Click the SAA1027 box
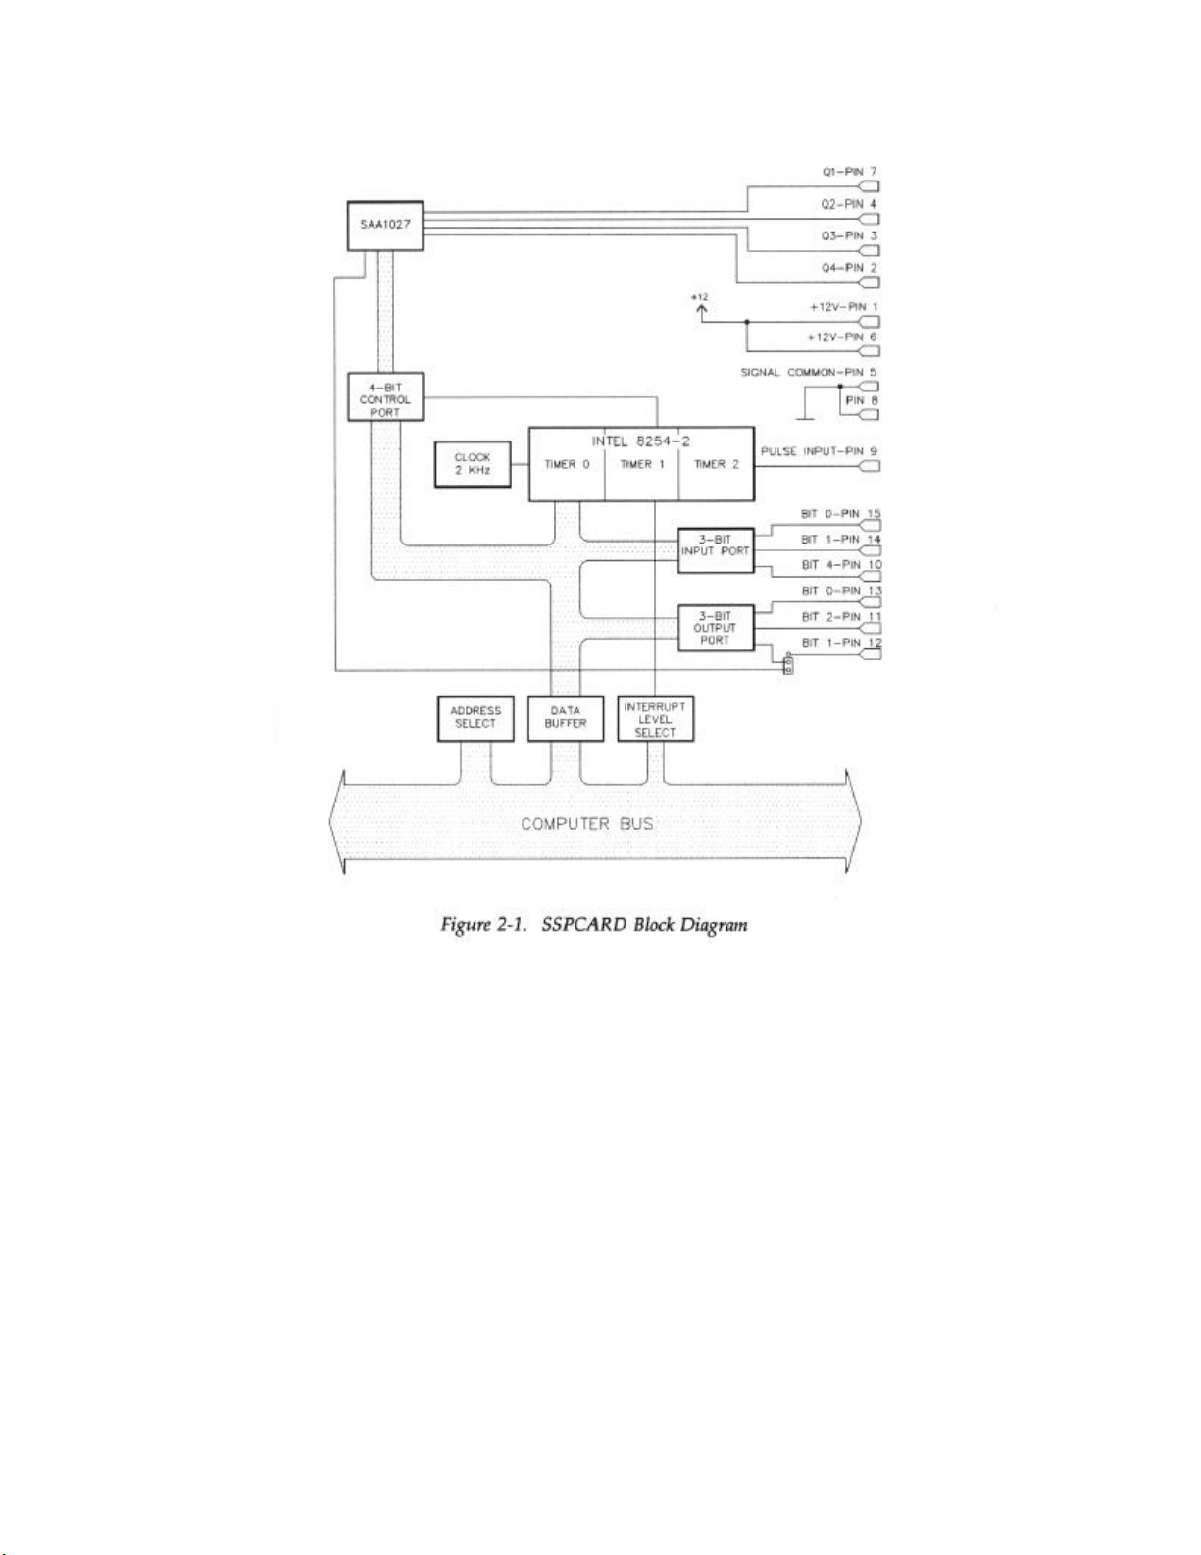pyautogui.click(x=385, y=226)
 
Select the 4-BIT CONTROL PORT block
pyautogui.click(x=385, y=398)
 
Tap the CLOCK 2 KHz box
pyautogui.click(x=472, y=464)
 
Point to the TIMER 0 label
pyautogui.click(x=567, y=465)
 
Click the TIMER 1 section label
pyautogui.click(x=642, y=465)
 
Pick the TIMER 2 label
pyautogui.click(x=717, y=465)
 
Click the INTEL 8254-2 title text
pyautogui.click(x=640, y=441)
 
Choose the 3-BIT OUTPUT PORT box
pyautogui.click(x=716, y=628)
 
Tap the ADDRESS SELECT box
pyautogui.click(x=475, y=717)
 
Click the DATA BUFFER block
pyautogui.click(x=566, y=717)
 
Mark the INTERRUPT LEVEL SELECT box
pyautogui.click(x=655, y=719)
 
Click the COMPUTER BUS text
pyautogui.click(x=586, y=823)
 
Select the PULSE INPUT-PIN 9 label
pyautogui.click(x=819, y=452)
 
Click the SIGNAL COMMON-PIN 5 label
pyautogui.click(x=808, y=373)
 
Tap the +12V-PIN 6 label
pyautogui.click(x=841, y=337)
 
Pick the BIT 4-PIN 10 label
pyautogui.click(x=841, y=565)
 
